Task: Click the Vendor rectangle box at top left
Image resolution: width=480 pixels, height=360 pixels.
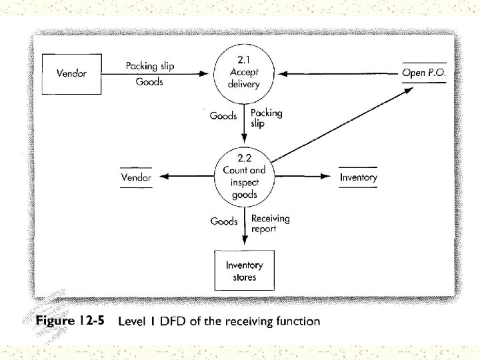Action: [x=72, y=73]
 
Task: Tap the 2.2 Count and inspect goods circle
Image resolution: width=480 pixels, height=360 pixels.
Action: [x=244, y=177]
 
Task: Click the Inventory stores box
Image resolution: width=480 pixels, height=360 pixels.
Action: [x=244, y=271]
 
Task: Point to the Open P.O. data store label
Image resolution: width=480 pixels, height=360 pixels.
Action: [x=424, y=72]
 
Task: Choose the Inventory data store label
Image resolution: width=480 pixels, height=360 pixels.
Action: [x=358, y=177]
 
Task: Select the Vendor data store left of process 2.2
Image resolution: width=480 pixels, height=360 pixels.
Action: [x=136, y=177]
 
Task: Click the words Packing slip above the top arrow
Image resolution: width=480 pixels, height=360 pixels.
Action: [x=150, y=66]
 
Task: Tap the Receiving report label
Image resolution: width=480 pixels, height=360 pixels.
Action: [x=270, y=224]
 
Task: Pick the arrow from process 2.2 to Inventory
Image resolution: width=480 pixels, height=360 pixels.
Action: [x=303, y=177]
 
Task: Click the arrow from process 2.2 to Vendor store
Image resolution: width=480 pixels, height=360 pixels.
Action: [x=190, y=177]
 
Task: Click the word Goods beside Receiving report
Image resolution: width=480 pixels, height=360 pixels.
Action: [x=224, y=221]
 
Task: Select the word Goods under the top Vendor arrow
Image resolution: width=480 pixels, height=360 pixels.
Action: [x=149, y=82]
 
